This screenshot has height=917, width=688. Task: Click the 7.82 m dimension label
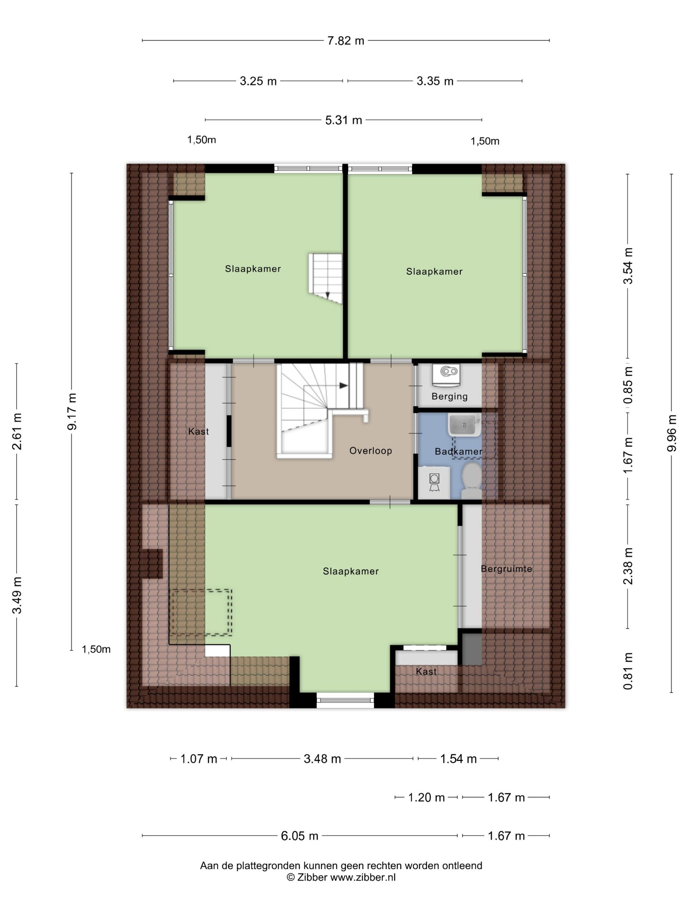(345, 41)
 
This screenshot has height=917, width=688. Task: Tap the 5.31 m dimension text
(343, 120)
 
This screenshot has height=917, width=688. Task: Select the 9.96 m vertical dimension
(672, 433)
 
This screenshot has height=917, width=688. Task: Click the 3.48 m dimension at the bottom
(322, 758)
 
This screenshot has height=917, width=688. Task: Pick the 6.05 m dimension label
(299, 836)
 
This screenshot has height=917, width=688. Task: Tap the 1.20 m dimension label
(426, 797)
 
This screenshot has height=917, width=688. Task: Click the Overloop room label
(370, 451)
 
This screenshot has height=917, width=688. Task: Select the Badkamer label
(458, 451)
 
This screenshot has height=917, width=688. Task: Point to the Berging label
(449, 396)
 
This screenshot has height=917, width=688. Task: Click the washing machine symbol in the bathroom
(434, 482)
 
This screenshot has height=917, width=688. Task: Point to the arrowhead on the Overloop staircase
(344, 385)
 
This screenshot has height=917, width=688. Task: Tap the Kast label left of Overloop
(198, 432)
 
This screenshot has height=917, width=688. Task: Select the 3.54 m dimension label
(629, 266)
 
